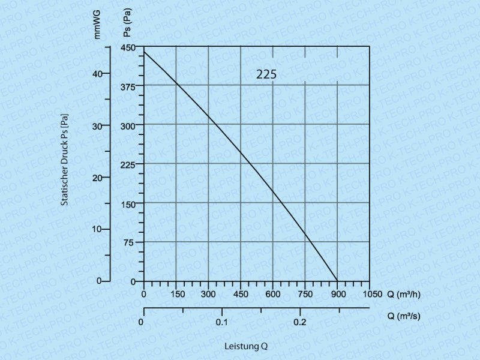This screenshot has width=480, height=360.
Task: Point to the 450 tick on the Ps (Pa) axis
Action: [130, 47]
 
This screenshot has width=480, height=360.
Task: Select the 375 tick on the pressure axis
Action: [130, 85]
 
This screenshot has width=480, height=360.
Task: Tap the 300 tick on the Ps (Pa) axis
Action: [130, 125]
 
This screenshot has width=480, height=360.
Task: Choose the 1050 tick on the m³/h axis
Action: [371, 294]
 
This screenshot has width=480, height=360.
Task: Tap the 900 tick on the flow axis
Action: [337, 294]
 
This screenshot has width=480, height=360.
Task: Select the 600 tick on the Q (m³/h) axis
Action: [273, 294]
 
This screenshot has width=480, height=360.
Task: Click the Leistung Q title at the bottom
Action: [246, 346]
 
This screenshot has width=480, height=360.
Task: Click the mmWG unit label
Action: [98, 25]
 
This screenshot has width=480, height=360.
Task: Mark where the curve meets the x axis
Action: [337, 281]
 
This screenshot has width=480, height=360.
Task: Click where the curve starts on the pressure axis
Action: [144, 53]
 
